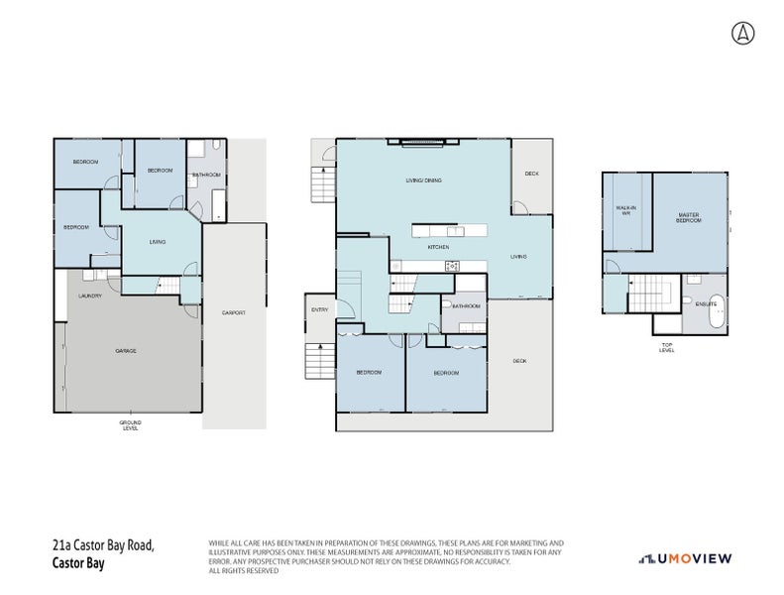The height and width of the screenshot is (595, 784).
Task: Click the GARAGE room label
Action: coord(125,351)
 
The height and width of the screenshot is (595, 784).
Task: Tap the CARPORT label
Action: coord(234,312)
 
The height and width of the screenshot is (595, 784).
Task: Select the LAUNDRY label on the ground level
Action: coord(91,296)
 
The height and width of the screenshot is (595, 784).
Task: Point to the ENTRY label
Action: coord(319,310)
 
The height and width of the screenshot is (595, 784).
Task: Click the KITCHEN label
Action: coord(438,246)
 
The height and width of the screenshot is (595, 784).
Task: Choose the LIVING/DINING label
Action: coord(423,180)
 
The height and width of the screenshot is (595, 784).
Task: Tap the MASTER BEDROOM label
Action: coord(689,216)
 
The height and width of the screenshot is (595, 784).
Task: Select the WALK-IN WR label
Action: coord(624,210)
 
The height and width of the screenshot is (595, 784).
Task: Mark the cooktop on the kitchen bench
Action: coord(452,265)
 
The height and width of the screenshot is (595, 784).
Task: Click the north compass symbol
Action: coord(742,33)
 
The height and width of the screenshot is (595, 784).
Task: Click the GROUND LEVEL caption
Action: coord(130,424)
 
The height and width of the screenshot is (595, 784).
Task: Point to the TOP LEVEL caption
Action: coord(667,348)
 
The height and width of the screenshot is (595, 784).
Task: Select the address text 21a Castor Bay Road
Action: coord(103,545)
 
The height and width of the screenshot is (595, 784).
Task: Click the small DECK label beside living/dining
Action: coord(531,174)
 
